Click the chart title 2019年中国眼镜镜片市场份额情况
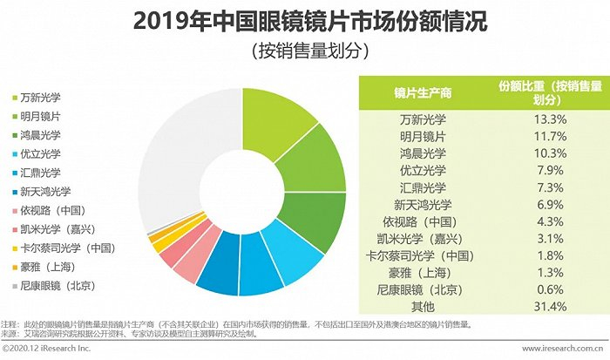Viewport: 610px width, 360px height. pos(304,21)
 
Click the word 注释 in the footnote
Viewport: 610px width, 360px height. pos(10,323)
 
